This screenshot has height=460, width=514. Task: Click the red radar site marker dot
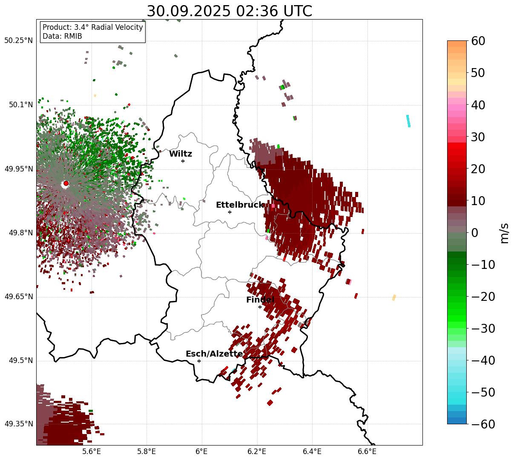(66, 183)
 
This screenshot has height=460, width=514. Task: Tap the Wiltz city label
(181, 154)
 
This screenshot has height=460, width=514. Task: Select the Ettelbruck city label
(240, 205)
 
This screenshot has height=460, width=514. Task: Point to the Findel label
(260, 300)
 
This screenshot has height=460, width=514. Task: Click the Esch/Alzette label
(214, 354)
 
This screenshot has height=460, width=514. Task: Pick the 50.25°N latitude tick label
(18, 41)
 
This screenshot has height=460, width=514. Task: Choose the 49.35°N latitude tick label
(18, 424)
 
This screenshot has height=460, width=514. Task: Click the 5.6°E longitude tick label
(92, 451)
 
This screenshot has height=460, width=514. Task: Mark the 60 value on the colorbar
(478, 41)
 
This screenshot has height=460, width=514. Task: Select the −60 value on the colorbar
(483, 424)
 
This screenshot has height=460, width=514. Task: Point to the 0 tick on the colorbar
(474, 233)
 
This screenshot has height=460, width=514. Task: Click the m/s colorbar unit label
(505, 233)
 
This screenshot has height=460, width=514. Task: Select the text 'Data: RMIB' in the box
(62, 36)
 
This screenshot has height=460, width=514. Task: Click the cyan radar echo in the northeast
(408, 121)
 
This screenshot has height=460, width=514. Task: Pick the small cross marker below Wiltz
(183, 161)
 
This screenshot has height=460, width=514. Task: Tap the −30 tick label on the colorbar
(483, 329)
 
